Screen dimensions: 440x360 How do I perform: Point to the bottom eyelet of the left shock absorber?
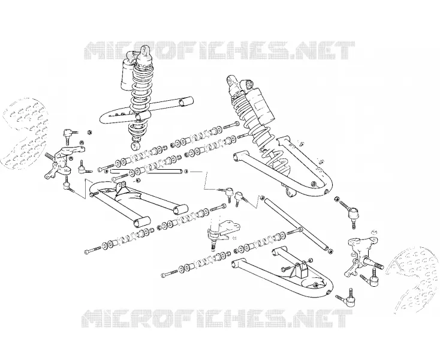tap(136, 146)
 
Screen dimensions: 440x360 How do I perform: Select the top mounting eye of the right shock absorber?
tap(231, 80)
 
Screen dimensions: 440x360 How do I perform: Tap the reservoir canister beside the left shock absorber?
tap(128, 75)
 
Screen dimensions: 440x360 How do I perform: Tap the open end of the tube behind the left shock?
tap(187, 101)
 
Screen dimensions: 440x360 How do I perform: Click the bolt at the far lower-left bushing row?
tap(92, 250)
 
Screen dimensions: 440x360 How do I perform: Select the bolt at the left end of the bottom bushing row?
tap(170, 273)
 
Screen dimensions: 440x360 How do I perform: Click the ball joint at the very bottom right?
tap(347, 298)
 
